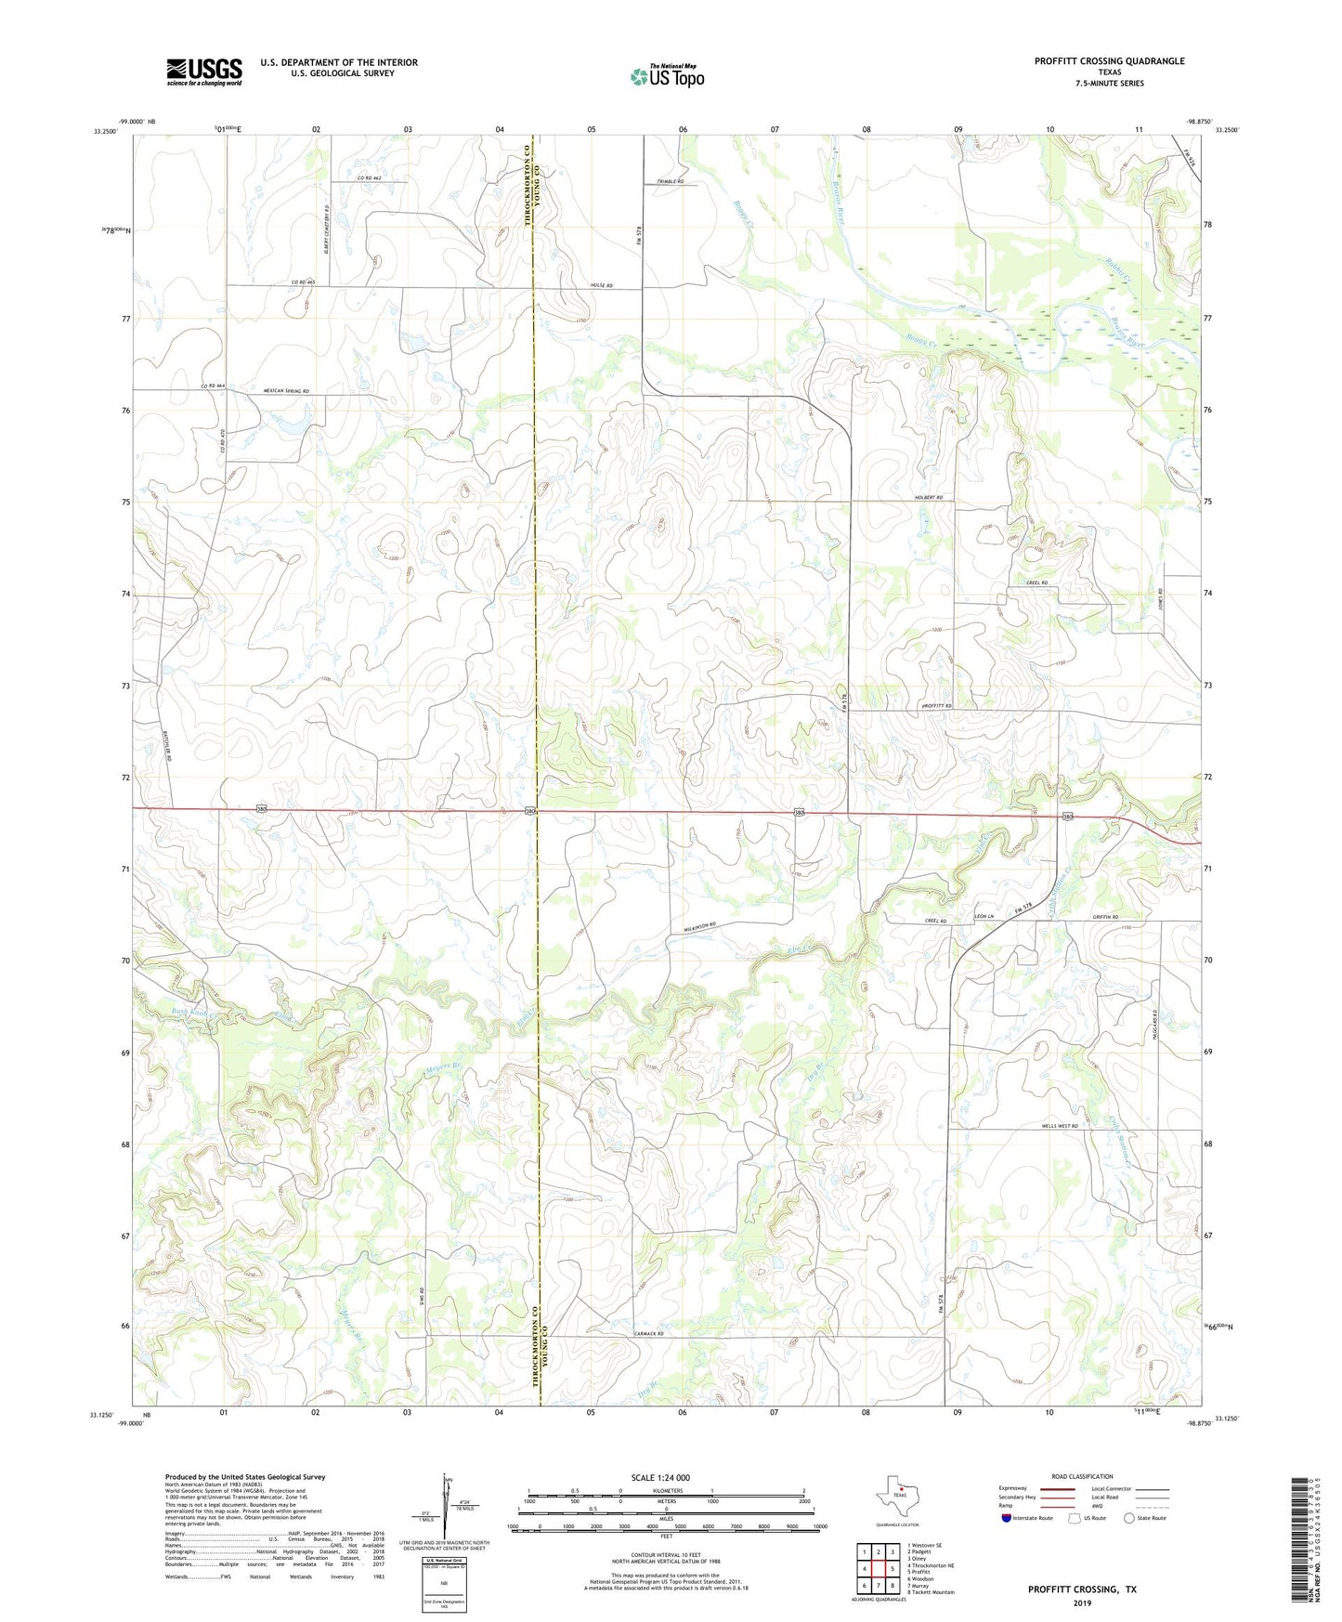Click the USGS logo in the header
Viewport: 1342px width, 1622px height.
click(204, 71)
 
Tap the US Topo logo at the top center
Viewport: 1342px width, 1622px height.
click(666, 76)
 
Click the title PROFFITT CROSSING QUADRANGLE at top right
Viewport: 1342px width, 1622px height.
click(1109, 61)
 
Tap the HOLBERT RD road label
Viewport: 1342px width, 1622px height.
click(928, 498)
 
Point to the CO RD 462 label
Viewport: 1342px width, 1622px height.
click(369, 177)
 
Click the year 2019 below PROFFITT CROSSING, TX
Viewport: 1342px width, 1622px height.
click(1081, 1602)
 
